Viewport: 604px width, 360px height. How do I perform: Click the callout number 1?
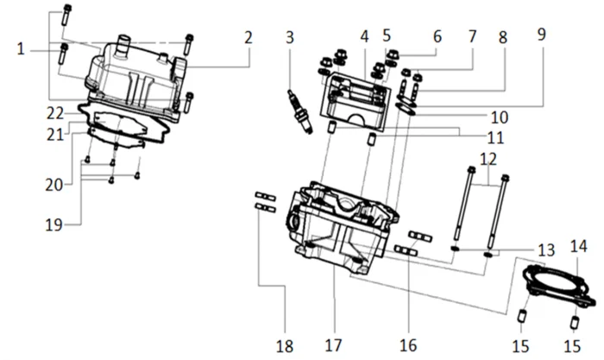pos(21,50)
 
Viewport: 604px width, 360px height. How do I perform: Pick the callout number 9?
pos(541,35)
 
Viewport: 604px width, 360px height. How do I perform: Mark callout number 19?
pos(53,224)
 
